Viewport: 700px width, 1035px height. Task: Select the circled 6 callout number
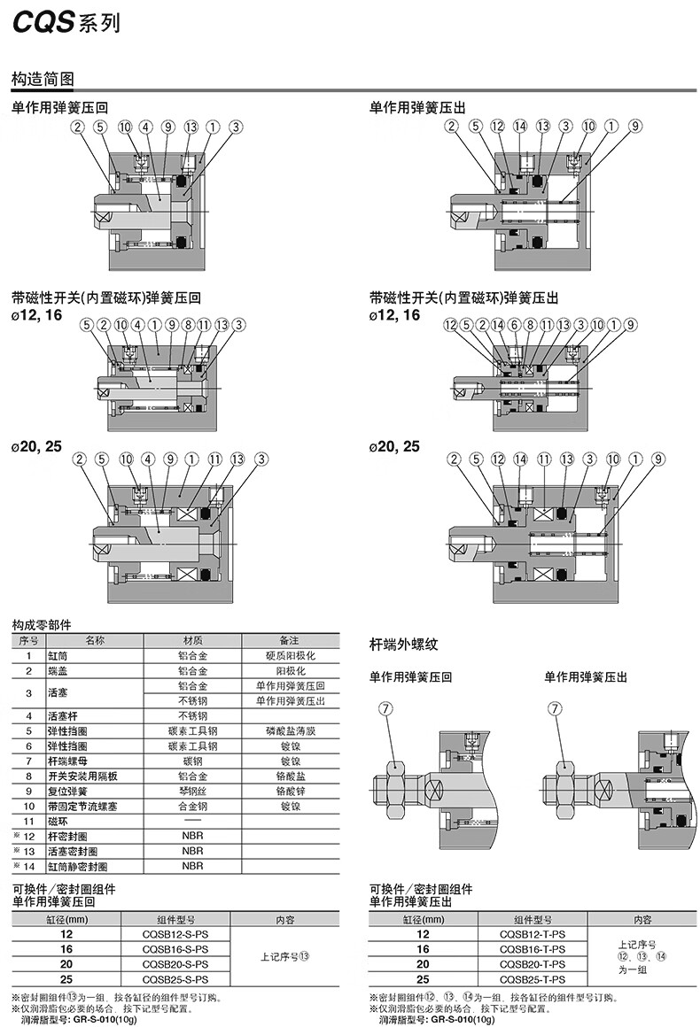point(515,325)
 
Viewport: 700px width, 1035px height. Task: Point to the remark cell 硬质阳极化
point(288,656)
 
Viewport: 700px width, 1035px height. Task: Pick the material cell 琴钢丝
point(192,791)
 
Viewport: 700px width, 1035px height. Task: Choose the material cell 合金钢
point(192,806)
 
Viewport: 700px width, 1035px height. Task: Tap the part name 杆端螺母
point(68,761)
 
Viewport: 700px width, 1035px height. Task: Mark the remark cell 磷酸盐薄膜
point(290,731)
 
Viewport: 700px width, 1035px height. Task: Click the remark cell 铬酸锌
point(290,791)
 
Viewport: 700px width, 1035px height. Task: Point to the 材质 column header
point(192,640)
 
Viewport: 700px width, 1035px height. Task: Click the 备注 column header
point(289,640)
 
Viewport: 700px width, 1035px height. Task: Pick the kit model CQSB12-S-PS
point(175,934)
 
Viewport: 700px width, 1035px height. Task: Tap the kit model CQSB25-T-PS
point(532,979)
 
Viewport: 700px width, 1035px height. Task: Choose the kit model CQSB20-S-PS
point(175,964)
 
